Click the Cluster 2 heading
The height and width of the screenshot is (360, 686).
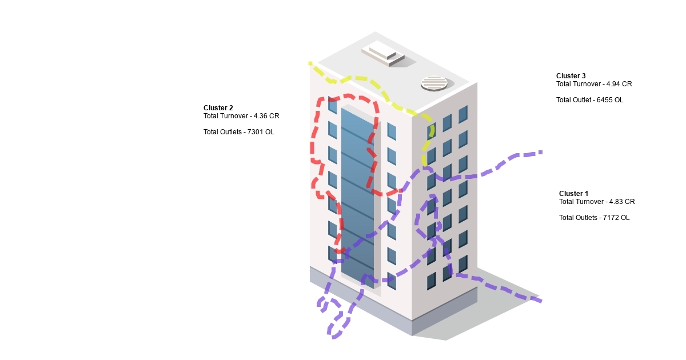[x=218, y=108]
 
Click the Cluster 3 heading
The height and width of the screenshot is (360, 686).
[x=571, y=75]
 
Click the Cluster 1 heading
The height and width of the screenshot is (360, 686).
[x=573, y=194]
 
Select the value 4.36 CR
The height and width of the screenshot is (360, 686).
[x=266, y=116]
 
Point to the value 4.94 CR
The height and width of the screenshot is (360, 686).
[x=619, y=84]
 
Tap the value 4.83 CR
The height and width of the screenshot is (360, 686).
[x=622, y=202]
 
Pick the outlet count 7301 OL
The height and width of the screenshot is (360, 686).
[x=261, y=132]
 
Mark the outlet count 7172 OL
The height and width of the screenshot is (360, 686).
[x=616, y=218]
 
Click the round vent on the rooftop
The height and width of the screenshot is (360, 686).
[x=434, y=83]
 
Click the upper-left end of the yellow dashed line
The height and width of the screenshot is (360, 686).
[x=310, y=63]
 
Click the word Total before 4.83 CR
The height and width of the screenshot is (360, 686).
[x=565, y=202]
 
